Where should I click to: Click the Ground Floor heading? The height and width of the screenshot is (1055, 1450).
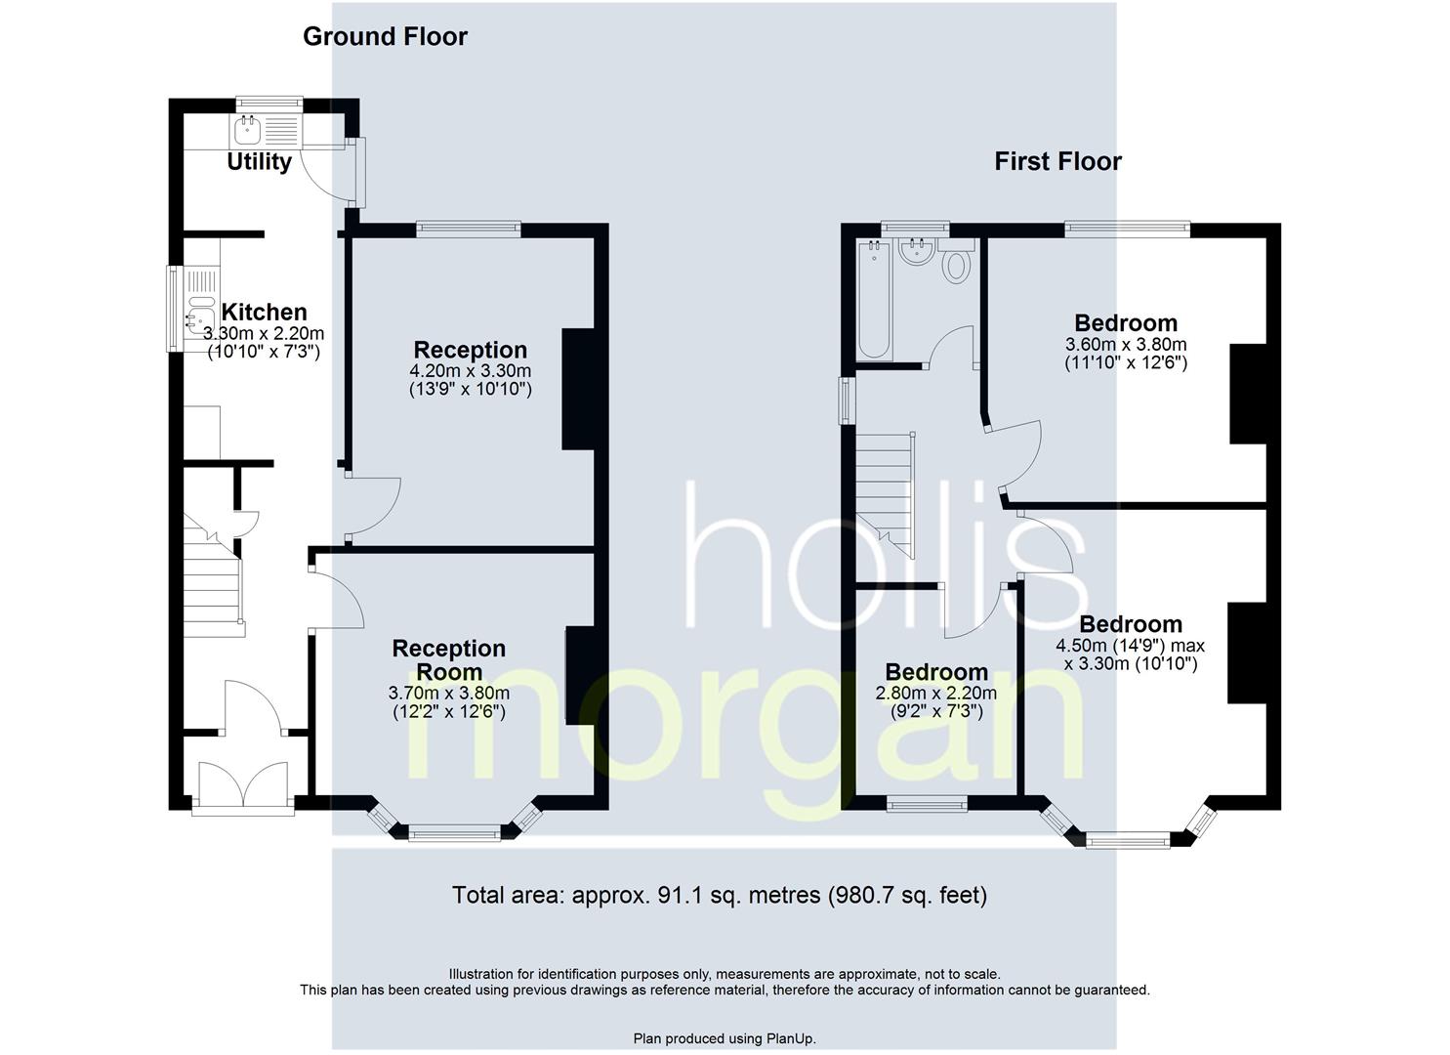tap(385, 37)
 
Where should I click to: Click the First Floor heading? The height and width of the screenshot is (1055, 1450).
tap(1057, 161)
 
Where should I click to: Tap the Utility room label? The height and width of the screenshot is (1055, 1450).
tap(259, 161)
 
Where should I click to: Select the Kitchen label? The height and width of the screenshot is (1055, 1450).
tap(264, 313)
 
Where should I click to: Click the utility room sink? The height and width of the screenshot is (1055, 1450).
tap(247, 131)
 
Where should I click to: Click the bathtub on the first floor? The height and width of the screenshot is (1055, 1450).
tap(874, 300)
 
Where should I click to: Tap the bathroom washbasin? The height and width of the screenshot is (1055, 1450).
tap(915, 251)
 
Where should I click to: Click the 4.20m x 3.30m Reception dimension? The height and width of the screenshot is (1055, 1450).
tap(471, 371)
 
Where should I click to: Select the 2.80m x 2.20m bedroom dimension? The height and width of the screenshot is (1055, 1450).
tap(936, 693)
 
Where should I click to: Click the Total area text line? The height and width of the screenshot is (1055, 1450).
tap(720, 895)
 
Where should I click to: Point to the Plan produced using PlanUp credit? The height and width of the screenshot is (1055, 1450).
tap(725, 1038)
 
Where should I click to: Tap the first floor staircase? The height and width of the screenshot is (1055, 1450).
tap(885, 495)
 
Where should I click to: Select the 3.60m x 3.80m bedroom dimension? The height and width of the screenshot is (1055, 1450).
tap(1126, 345)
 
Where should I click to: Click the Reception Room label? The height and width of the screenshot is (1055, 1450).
tap(448, 660)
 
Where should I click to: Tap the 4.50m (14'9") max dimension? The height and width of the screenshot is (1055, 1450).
tap(1131, 646)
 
